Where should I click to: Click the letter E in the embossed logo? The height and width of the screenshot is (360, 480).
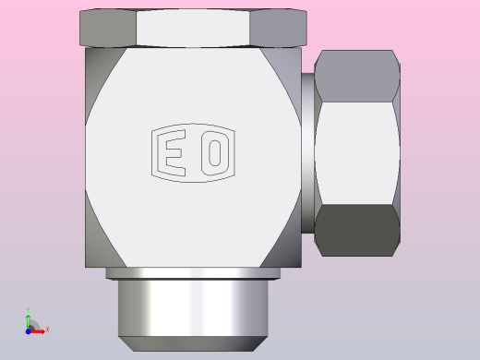(x=174, y=153)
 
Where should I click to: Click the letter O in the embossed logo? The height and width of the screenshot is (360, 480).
(x=215, y=153)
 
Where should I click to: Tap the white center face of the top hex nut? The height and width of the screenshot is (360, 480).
(x=193, y=28)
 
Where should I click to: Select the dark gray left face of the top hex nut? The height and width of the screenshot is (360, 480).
(x=108, y=28)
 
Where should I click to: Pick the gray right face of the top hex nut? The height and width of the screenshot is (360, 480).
(x=278, y=28)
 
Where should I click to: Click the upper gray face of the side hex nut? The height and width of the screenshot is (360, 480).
(x=357, y=76)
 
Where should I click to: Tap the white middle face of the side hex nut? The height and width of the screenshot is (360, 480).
(x=357, y=153)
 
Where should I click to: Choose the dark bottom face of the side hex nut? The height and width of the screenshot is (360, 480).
(x=357, y=230)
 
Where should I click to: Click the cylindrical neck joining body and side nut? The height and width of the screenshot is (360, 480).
(x=307, y=153)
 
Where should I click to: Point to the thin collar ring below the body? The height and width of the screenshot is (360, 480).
(x=193, y=273)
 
